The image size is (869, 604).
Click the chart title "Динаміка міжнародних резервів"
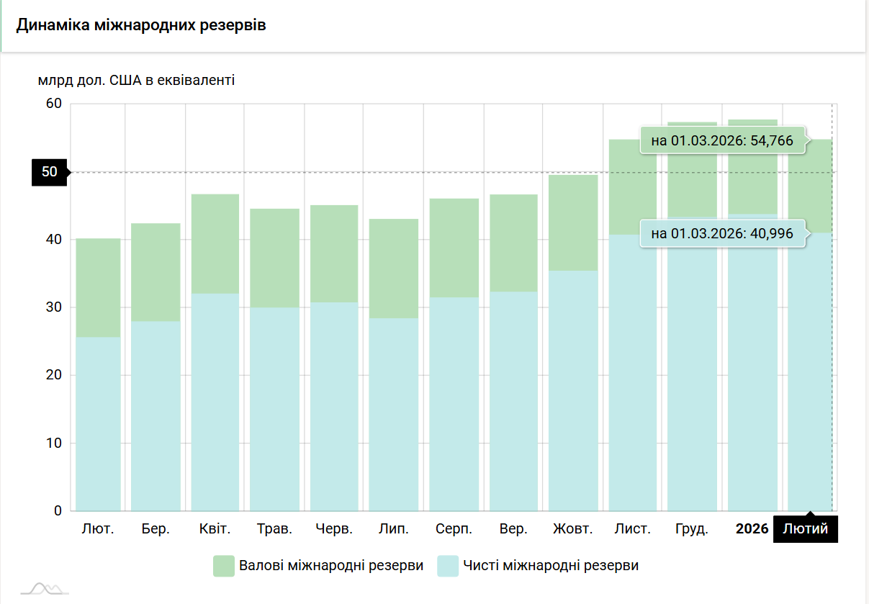click(141, 26)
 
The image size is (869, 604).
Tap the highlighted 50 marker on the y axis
click(50, 172)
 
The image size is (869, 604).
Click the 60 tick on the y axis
click(55, 104)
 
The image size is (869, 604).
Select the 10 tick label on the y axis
click(55, 443)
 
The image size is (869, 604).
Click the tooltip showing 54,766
click(722, 141)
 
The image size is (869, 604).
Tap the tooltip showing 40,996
click(722, 233)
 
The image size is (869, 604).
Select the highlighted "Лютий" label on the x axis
click(805, 529)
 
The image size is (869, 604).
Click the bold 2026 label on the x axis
click(752, 529)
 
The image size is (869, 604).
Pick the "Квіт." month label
click(215, 529)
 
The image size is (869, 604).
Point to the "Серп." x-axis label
click(454, 529)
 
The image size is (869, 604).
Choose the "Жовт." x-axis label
click(572, 529)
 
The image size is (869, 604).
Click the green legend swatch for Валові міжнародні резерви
click(225, 566)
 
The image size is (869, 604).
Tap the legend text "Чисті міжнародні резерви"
click(551, 566)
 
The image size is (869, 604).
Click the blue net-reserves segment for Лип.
click(393, 414)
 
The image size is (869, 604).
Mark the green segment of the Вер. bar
click(513, 243)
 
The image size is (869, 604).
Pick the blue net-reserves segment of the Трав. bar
click(274, 409)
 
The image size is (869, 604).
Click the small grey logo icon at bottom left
click(45, 588)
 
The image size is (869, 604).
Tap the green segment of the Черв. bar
click(334, 253)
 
